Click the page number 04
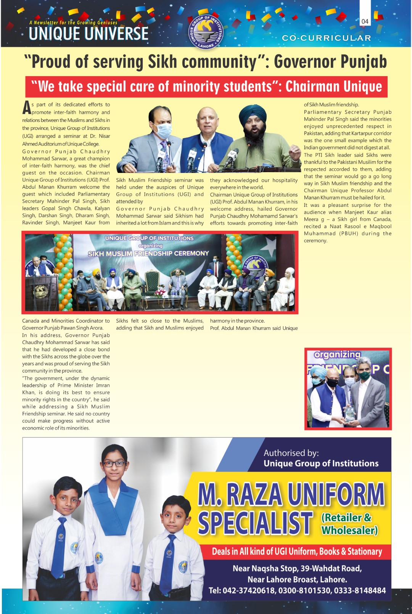[x=365, y=22]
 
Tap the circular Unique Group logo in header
[x=206, y=32]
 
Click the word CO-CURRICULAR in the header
[x=326, y=38]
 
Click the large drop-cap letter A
[x=26, y=108]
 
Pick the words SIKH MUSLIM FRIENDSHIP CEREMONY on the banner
[x=148, y=253]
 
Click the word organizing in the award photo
[x=337, y=355]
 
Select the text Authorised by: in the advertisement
[x=291, y=453]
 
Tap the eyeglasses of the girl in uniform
[x=114, y=464]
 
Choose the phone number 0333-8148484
[x=360, y=590]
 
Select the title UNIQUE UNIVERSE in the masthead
[x=89, y=34]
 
